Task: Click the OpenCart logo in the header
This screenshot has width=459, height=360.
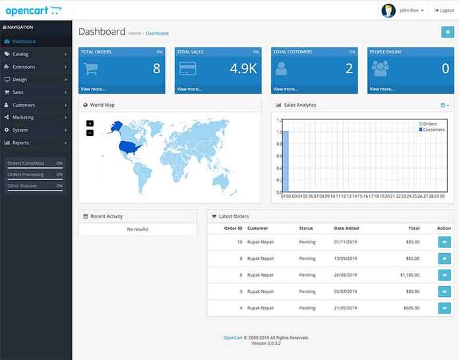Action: pos(34,10)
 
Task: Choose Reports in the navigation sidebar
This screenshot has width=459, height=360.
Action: pos(20,142)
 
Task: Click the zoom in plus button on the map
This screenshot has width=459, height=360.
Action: pos(90,123)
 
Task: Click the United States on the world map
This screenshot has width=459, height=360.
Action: pos(129,148)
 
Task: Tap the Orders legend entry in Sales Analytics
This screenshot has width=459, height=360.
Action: pos(429,124)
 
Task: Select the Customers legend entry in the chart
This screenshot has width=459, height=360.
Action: pos(433,130)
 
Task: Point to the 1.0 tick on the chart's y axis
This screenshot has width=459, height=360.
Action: pos(280,132)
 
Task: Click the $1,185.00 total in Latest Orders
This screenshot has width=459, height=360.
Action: pos(410,275)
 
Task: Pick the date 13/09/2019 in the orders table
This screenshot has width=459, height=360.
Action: pos(346,258)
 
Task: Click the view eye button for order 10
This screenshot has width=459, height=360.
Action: pos(444,242)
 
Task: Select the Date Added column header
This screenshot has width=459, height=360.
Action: pos(346,228)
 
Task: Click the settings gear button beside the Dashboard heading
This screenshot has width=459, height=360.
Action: pos(447,32)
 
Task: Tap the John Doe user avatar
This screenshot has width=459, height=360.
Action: pos(389,11)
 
